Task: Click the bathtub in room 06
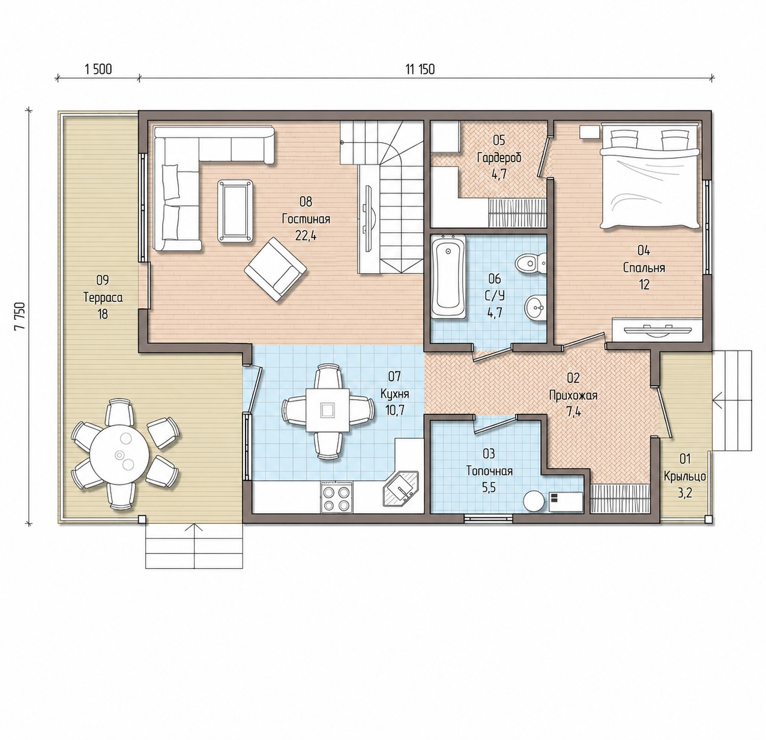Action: [448, 277]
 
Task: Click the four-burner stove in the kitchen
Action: [336, 498]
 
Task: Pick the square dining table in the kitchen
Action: [328, 411]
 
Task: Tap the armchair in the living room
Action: [275, 269]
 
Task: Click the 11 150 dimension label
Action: [420, 69]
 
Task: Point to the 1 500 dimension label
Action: [98, 69]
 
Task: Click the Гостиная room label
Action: [306, 219]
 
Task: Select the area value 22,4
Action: [306, 236]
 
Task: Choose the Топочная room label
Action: [489, 471]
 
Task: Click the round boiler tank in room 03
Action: [534, 501]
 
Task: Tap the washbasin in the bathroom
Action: [535, 306]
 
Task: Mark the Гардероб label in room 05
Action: [499, 158]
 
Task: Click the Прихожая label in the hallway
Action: [573, 395]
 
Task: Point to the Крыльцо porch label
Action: [684, 477]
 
